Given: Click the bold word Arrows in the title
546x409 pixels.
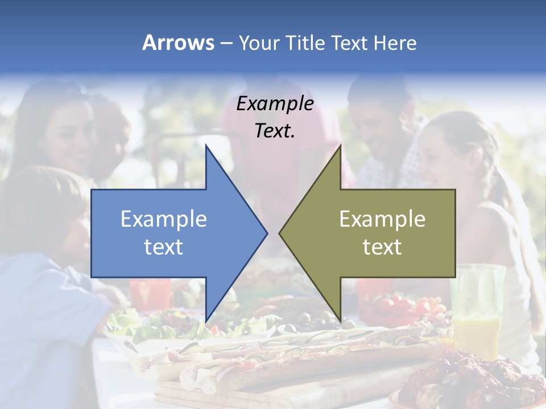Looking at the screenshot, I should click(x=178, y=43).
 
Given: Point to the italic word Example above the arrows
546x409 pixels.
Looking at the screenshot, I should click(x=275, y=103).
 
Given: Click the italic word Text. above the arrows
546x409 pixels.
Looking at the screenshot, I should click(x=275, y=131).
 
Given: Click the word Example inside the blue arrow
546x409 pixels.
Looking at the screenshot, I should click(x=164, y=219).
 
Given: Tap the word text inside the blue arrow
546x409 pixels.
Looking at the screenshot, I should click(x=164, y=247).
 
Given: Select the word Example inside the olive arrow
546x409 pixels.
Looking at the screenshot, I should click(x=382, y=219).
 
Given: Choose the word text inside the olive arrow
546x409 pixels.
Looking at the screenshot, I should click(x=382, y=247).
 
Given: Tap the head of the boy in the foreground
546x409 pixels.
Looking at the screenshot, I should click(x=40, y=210).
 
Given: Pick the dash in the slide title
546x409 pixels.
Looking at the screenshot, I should click(x=226, y=43).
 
